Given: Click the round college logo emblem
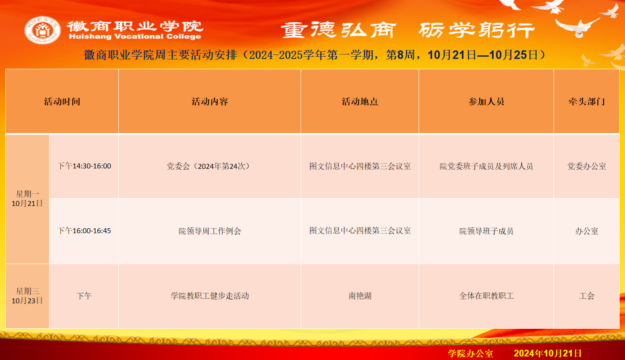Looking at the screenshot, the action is point(42,30).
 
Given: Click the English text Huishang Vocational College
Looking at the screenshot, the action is point(135,37).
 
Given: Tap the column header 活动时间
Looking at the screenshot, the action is point(62,101).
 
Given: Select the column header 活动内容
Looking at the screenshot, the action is point(210,101).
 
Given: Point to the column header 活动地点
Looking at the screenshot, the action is point(360,101).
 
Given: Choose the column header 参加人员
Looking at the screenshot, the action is point(486,101).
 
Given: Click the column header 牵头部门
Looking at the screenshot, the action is point(587,101).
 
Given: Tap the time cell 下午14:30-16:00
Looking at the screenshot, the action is point(84,166).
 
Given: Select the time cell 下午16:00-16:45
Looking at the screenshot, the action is point(84,231).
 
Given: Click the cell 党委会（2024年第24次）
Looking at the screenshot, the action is point(210,167).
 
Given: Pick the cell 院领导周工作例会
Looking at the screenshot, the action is point(210,231).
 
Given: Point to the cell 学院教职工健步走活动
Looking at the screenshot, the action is point(210,296).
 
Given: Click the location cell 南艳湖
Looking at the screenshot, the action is point(360,296).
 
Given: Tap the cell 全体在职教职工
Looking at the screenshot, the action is point(486,296).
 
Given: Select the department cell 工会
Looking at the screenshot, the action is point(587,296).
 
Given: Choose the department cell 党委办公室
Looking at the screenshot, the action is point(587,167).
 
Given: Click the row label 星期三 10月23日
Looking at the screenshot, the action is point(27,296).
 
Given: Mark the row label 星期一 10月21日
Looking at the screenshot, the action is point(27,199).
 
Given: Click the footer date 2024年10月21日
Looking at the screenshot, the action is point(547,353).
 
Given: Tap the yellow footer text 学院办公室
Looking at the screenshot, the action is point(470,354).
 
